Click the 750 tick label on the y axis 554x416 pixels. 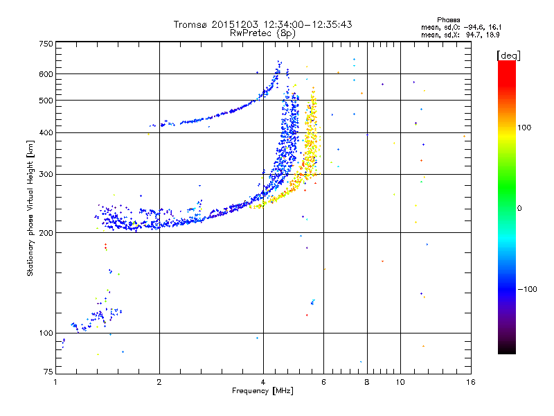46,44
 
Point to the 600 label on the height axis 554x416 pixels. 46,74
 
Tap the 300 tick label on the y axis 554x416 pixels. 46,175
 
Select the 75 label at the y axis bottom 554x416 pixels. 48,372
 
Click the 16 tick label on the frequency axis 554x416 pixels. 471,382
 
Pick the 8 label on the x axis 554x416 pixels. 367,382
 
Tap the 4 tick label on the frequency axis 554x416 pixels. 263,382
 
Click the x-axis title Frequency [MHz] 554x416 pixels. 262,391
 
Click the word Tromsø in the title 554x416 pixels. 190,24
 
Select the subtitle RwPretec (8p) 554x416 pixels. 262,33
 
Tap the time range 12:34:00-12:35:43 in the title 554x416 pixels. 307,24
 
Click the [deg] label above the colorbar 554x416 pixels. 508,55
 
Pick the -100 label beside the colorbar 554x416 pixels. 528,289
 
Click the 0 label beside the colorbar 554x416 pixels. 519,209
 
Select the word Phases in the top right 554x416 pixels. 448,20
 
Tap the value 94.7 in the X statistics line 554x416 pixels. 473,35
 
